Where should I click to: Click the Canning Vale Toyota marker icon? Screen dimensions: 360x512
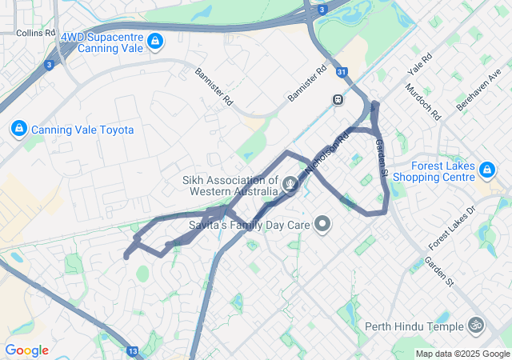click(18, 128)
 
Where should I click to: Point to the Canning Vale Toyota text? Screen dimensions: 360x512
click(82, 130)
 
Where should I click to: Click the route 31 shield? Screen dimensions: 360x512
click(342, 73)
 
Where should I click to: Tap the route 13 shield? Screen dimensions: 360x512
click(132, 350)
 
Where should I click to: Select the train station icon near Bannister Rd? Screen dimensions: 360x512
click(338, 99)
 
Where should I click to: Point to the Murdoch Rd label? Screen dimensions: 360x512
click(423, 102)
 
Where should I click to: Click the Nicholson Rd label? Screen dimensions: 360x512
click(328, 154)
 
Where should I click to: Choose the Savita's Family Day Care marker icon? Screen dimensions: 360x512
click(322, 225)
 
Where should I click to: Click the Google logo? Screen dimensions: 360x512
click(26, 350)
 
